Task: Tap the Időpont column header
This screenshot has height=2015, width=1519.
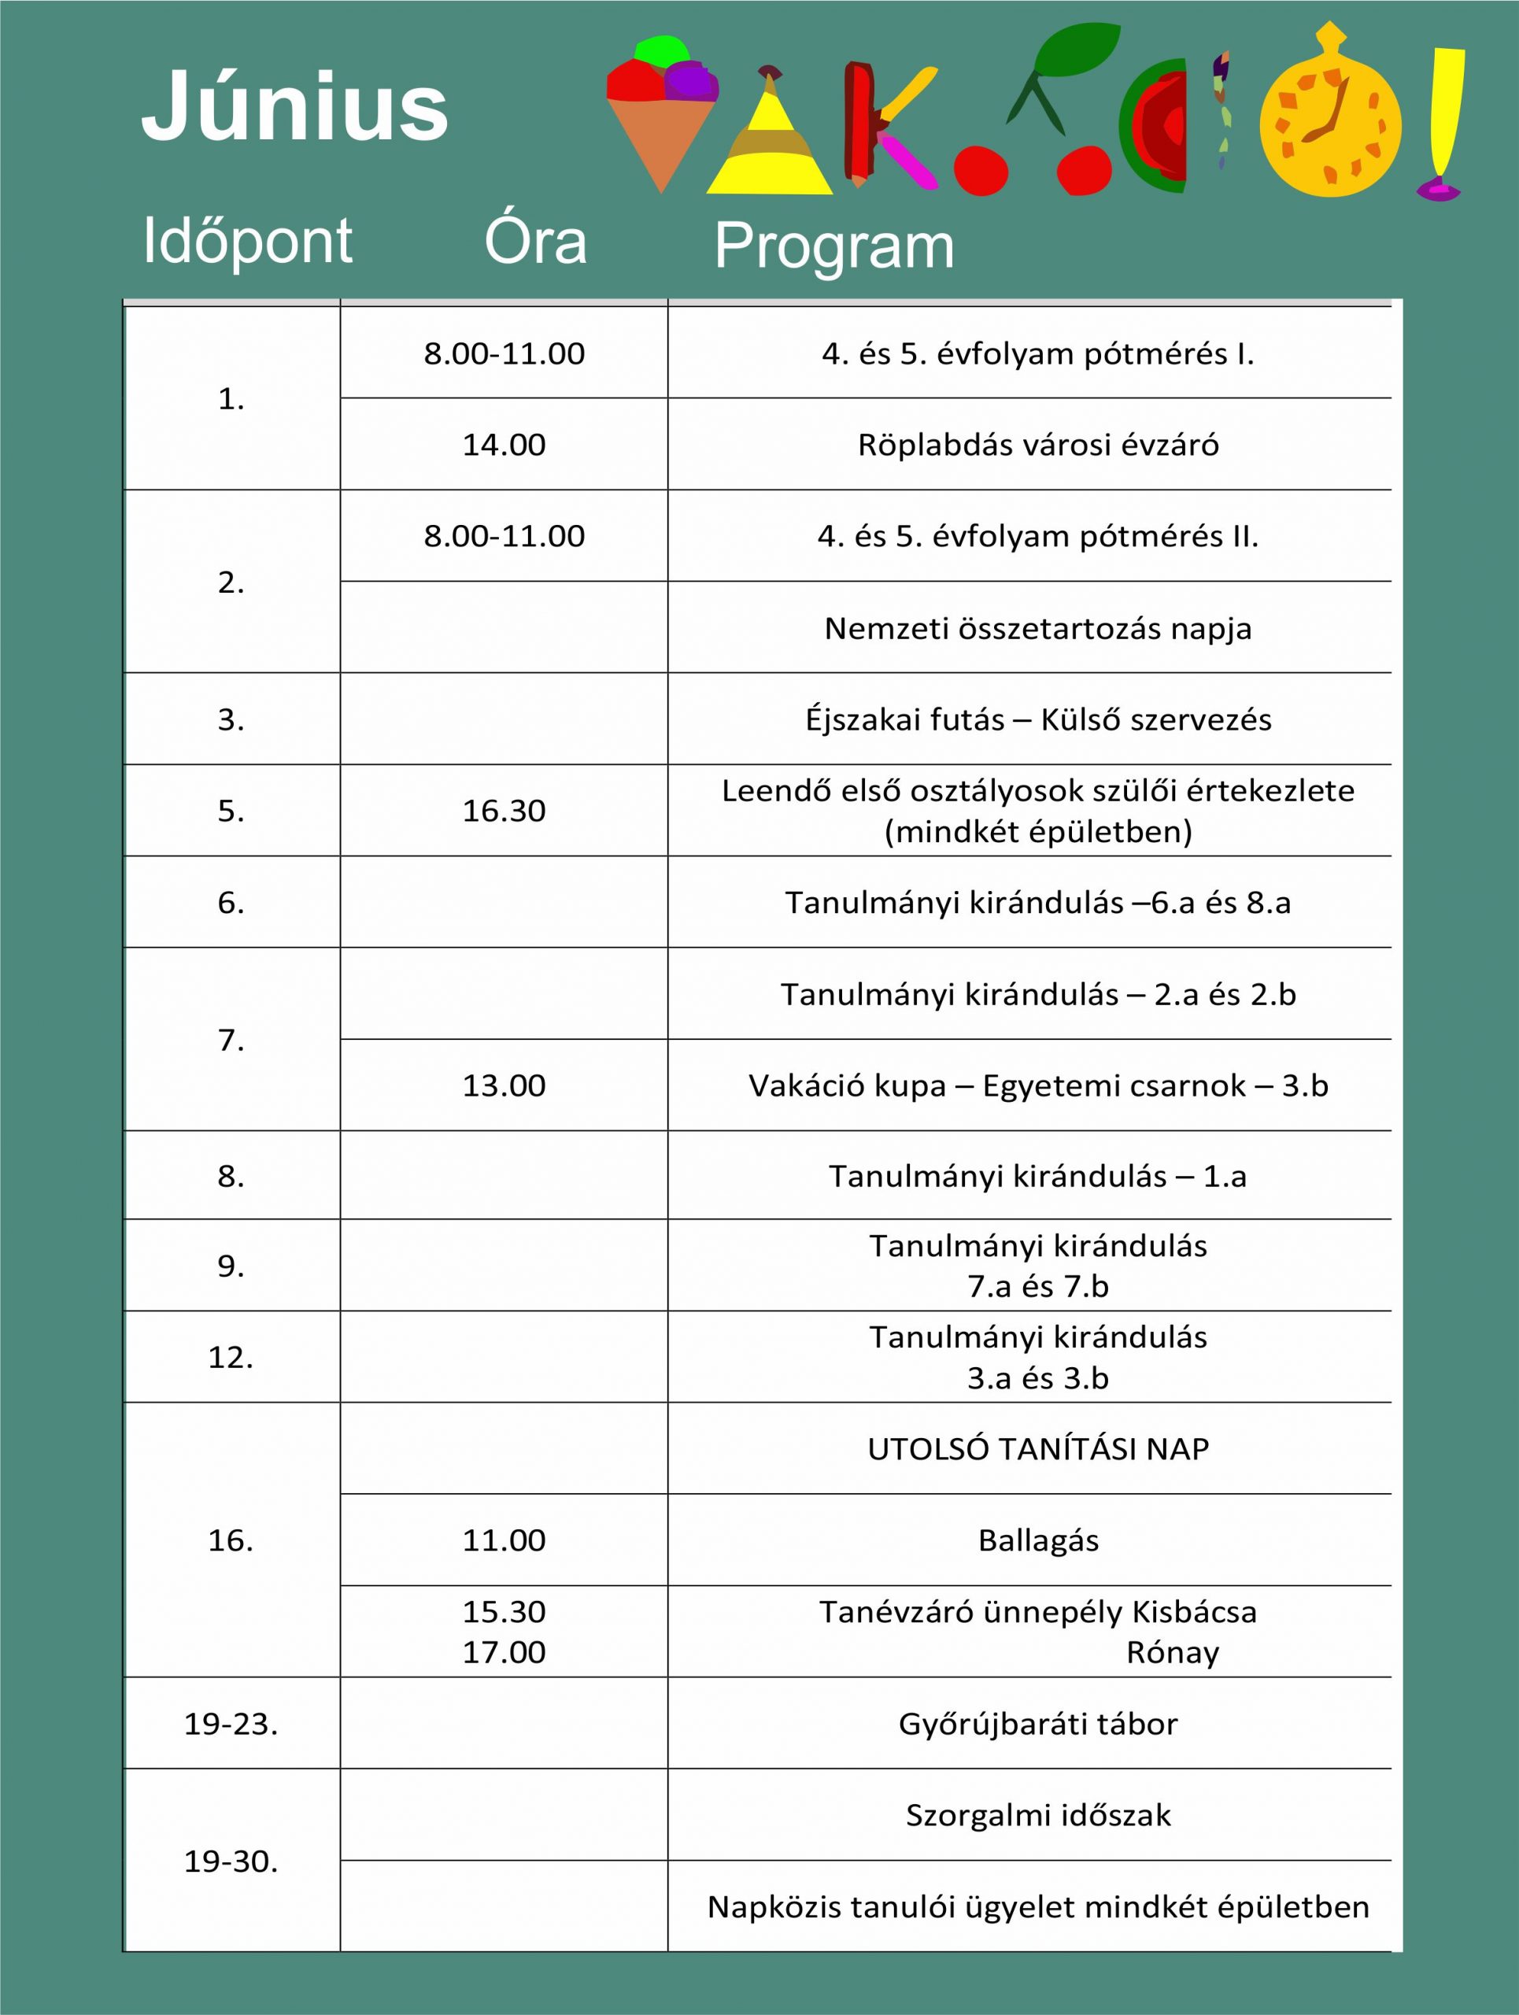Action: pyautogui.click(x=247, y=242)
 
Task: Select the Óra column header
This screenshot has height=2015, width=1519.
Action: pyautogui.click(x=535, y=242)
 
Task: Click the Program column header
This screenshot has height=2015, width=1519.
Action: pyautogui.click(x=834, y=246)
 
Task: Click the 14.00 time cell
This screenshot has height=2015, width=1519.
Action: pyautogui.click(x=504, y=445)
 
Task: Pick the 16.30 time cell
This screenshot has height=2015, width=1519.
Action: pyautogui.click(x=504, y=811)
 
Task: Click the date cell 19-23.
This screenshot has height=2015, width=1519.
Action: pyautogui.click(x=231, y=1725)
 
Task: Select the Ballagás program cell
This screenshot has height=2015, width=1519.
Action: pyautogui.click(x=1038, y=1540)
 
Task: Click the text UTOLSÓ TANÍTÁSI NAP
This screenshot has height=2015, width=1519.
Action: pyautogui.click(x=1038, y=1449)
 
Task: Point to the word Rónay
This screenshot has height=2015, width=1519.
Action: pyautogui.click(x=1172, y=1652)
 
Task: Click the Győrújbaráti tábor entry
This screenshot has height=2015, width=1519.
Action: pyautogui.click(x=1038, y=1725)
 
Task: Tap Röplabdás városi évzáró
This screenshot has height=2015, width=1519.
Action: pyautogui.click(x=1038, y=445)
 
